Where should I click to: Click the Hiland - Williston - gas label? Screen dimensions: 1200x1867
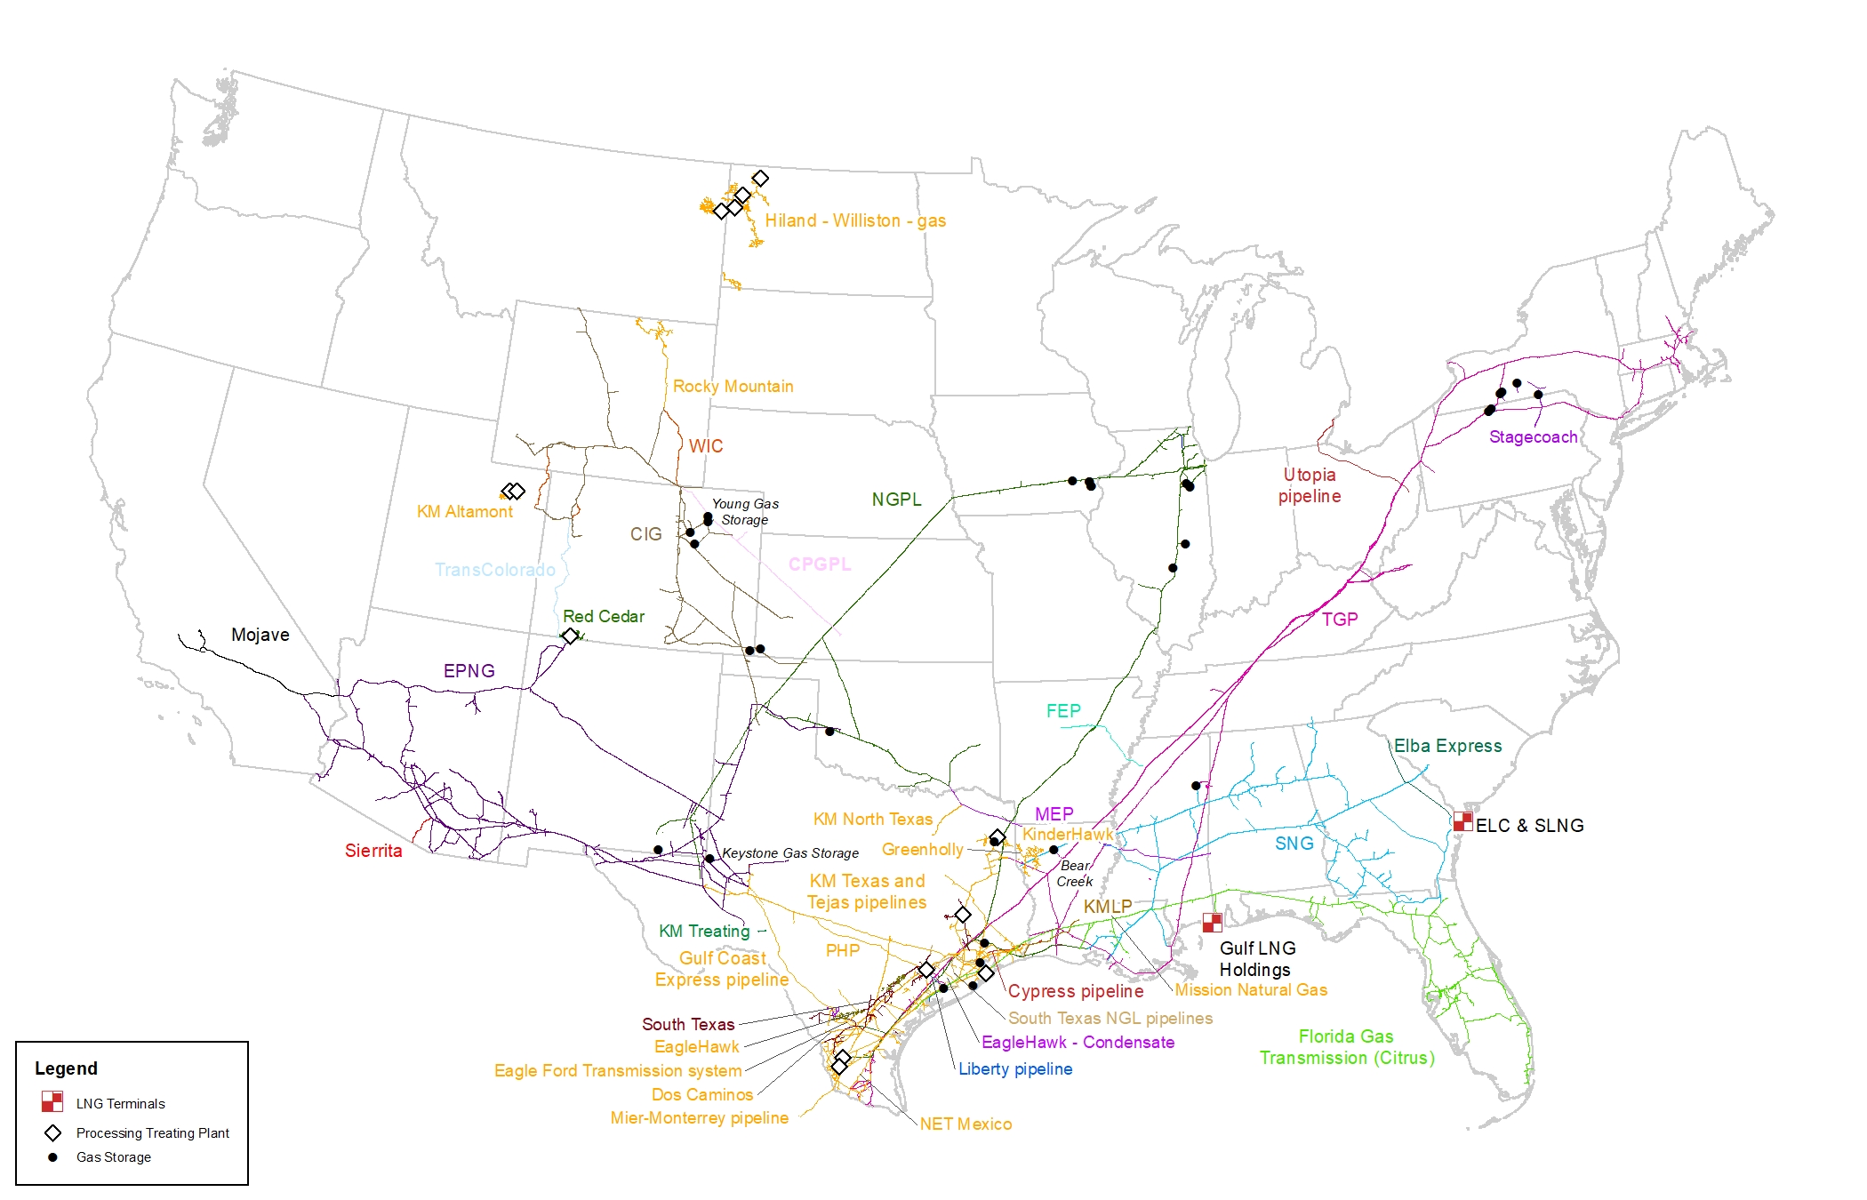tap(854, 220)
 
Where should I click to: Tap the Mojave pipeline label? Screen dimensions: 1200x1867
tap(260, 635)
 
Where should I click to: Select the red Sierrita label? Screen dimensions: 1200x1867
tap(373, 851)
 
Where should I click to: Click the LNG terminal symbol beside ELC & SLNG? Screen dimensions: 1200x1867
tap(1462, 821)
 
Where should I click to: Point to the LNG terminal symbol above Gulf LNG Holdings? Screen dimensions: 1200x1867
tap(1212, 923)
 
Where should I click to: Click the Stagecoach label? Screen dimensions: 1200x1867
tap(1533, 436)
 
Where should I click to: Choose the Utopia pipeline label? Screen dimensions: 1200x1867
tap(1310, 485)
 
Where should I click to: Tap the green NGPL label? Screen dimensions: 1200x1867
tap(896, 500)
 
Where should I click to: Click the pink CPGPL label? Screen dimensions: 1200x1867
tap(819, 564)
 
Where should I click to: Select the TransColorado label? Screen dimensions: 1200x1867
tap(494, 570)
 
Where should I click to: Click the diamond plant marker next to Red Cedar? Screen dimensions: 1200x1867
tap(570, 636)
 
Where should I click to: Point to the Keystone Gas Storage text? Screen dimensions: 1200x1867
tap(790, 853)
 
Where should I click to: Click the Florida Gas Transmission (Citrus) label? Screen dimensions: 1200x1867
tap(1346, 1047)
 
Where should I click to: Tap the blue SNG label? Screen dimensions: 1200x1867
tap(1294, 844)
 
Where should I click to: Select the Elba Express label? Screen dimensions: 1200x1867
tap(1447, 746)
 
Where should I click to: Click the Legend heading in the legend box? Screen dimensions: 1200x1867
tap(66, 1068)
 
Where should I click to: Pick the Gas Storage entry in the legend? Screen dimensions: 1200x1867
tap(113, 1157)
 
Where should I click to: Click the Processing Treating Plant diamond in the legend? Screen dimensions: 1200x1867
tap(53, 1132)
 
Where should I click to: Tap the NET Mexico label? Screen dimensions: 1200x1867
tap(966, 1124)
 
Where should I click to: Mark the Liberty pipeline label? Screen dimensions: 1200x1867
tap(1014, 1068)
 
